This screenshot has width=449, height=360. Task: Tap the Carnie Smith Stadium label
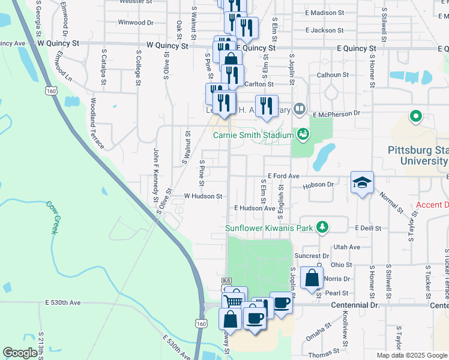click(x=253, y=135)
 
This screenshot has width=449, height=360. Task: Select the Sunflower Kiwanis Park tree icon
click(x=323, y=227)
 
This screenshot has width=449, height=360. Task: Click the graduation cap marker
click(x=363, y=182)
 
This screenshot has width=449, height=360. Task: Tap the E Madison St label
click(x=324, y=13)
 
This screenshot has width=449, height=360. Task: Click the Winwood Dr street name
click(x=136, y=23)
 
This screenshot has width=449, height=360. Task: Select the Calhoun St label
click(x=333, y=75)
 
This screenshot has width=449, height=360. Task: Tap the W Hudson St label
click(x=203, y=196)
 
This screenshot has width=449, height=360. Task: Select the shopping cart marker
click(x=234, y=300)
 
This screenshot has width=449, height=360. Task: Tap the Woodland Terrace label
click(x=97, y=124)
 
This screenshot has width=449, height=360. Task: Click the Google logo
click(x=20, y=353)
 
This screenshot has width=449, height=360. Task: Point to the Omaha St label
click(x=319, y=333)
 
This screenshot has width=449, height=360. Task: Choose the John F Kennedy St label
click(x=155, y=175)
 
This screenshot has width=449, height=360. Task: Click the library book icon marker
click(x=300, y=110)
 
